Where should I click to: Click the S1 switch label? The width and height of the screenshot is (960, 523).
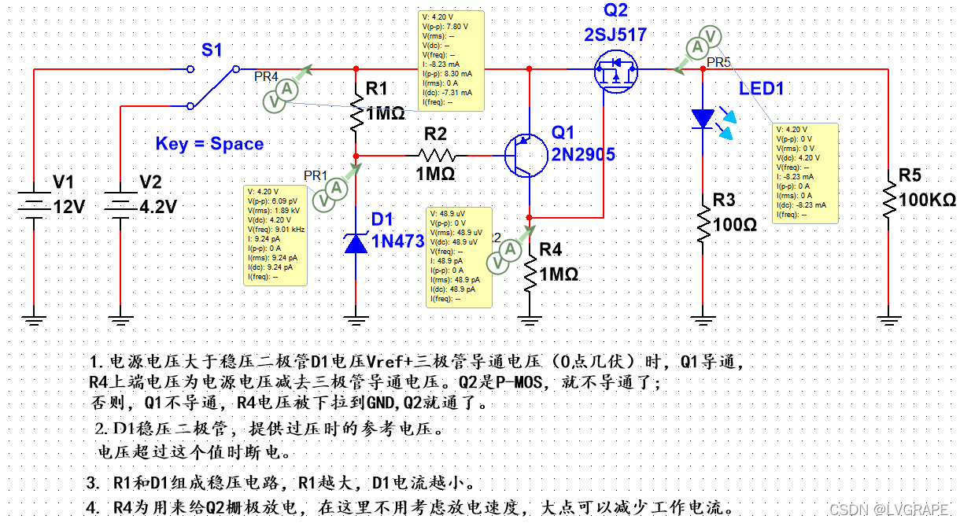(x=212, y=50)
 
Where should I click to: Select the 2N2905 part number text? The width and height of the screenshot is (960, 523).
(x=583, y=155)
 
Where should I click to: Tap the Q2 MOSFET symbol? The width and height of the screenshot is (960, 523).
(x=616, y=73)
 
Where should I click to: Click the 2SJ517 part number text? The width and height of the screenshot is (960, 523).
(x=616, y=35)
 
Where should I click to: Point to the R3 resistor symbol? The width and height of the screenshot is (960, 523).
(x=703, y=224)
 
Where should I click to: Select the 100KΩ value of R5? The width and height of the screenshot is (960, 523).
(x=927, y=200)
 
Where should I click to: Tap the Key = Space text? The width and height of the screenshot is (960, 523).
(x=209, y=144)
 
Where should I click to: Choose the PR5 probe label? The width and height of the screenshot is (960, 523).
(x=718, y=62)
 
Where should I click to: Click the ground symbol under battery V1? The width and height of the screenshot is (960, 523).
(x=34, y=319)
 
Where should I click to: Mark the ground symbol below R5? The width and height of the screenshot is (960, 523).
(x=889, y=319)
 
